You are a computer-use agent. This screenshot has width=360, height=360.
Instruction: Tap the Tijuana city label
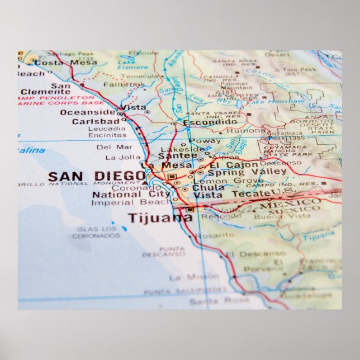click(160, 217)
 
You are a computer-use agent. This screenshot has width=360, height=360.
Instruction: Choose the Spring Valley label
click(239, 173)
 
